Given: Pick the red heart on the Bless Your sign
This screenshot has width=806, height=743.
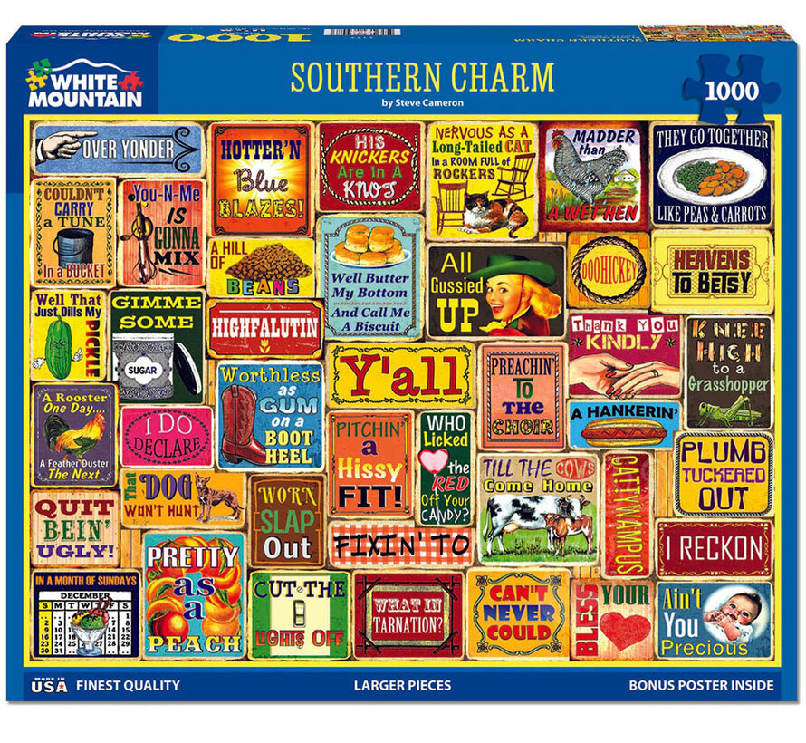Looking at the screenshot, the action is coord(625,630).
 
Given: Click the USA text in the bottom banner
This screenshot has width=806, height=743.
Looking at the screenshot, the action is coord(43,686).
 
